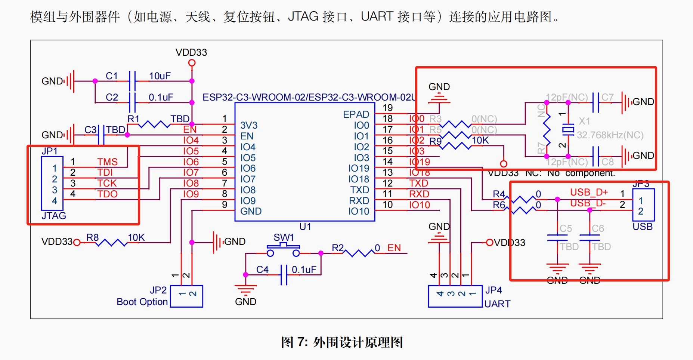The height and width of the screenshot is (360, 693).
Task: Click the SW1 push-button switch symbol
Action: (x=283, y=249)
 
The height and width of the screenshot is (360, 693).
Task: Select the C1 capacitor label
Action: (x=112, y=76)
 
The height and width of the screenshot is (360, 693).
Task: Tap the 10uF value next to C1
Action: (x=160, y=76)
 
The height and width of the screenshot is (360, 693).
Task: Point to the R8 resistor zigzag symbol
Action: (x=111, y=243)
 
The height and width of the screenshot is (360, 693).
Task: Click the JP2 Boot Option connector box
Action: (x=186, y=296)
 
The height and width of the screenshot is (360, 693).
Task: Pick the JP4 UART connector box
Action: (x=455, y=296)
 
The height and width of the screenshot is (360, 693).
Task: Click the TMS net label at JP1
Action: (x=107, y=162)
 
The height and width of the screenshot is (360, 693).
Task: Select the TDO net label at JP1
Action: (x=107, y=194)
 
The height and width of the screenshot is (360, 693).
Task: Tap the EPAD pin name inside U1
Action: (x=356, y=114)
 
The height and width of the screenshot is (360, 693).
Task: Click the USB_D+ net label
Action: (x=589, y=192)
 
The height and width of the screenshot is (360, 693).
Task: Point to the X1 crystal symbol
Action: (x=568, y=129)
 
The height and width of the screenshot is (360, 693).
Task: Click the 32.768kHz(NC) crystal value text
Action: (x=610, y=135)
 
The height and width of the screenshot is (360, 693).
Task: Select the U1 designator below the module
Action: (x=305, y=227)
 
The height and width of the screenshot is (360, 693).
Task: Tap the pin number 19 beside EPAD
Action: (x=388, y=108)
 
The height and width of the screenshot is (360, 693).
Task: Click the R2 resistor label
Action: (x=337, y=248)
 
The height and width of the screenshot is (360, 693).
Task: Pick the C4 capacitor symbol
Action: (x=284, y=275)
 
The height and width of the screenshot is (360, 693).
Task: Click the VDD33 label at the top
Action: (x=191, y=52)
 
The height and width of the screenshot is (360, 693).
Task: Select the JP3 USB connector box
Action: (x=643, y=205)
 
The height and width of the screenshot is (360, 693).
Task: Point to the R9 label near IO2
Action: (x=435, y=141)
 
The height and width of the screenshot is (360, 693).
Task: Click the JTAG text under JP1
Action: (x=54, y=216)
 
